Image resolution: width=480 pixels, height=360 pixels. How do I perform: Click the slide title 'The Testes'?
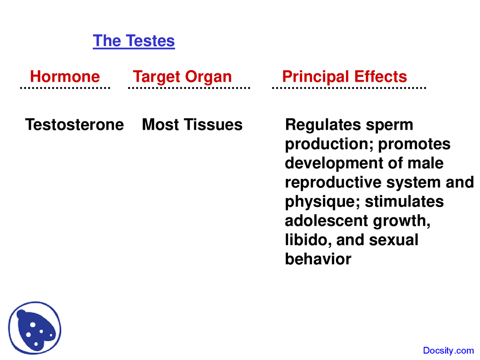click(133, 41)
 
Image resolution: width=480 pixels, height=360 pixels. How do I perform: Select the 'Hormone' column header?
click(65, 76)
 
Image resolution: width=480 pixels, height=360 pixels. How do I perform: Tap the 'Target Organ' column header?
click(182, 77)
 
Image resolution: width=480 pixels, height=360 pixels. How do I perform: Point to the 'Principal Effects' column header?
click(344, 76)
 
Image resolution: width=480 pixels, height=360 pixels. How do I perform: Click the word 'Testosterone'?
click(74, 124)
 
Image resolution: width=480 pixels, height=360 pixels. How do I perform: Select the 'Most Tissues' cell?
click(192, 124)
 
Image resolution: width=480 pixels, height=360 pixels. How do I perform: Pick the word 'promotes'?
click(414, 144)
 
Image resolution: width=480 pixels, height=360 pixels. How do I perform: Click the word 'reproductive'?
click(333, 183)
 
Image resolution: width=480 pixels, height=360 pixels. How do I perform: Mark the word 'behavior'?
click(318, 259)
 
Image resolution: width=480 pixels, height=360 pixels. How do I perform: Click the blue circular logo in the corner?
click(35, 328)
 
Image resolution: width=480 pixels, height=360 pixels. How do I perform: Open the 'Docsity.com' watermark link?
click(448, 351)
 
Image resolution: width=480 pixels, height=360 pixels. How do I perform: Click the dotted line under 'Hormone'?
click(65, 88)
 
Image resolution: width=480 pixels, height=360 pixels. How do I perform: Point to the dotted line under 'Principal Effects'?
click(349, 88)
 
